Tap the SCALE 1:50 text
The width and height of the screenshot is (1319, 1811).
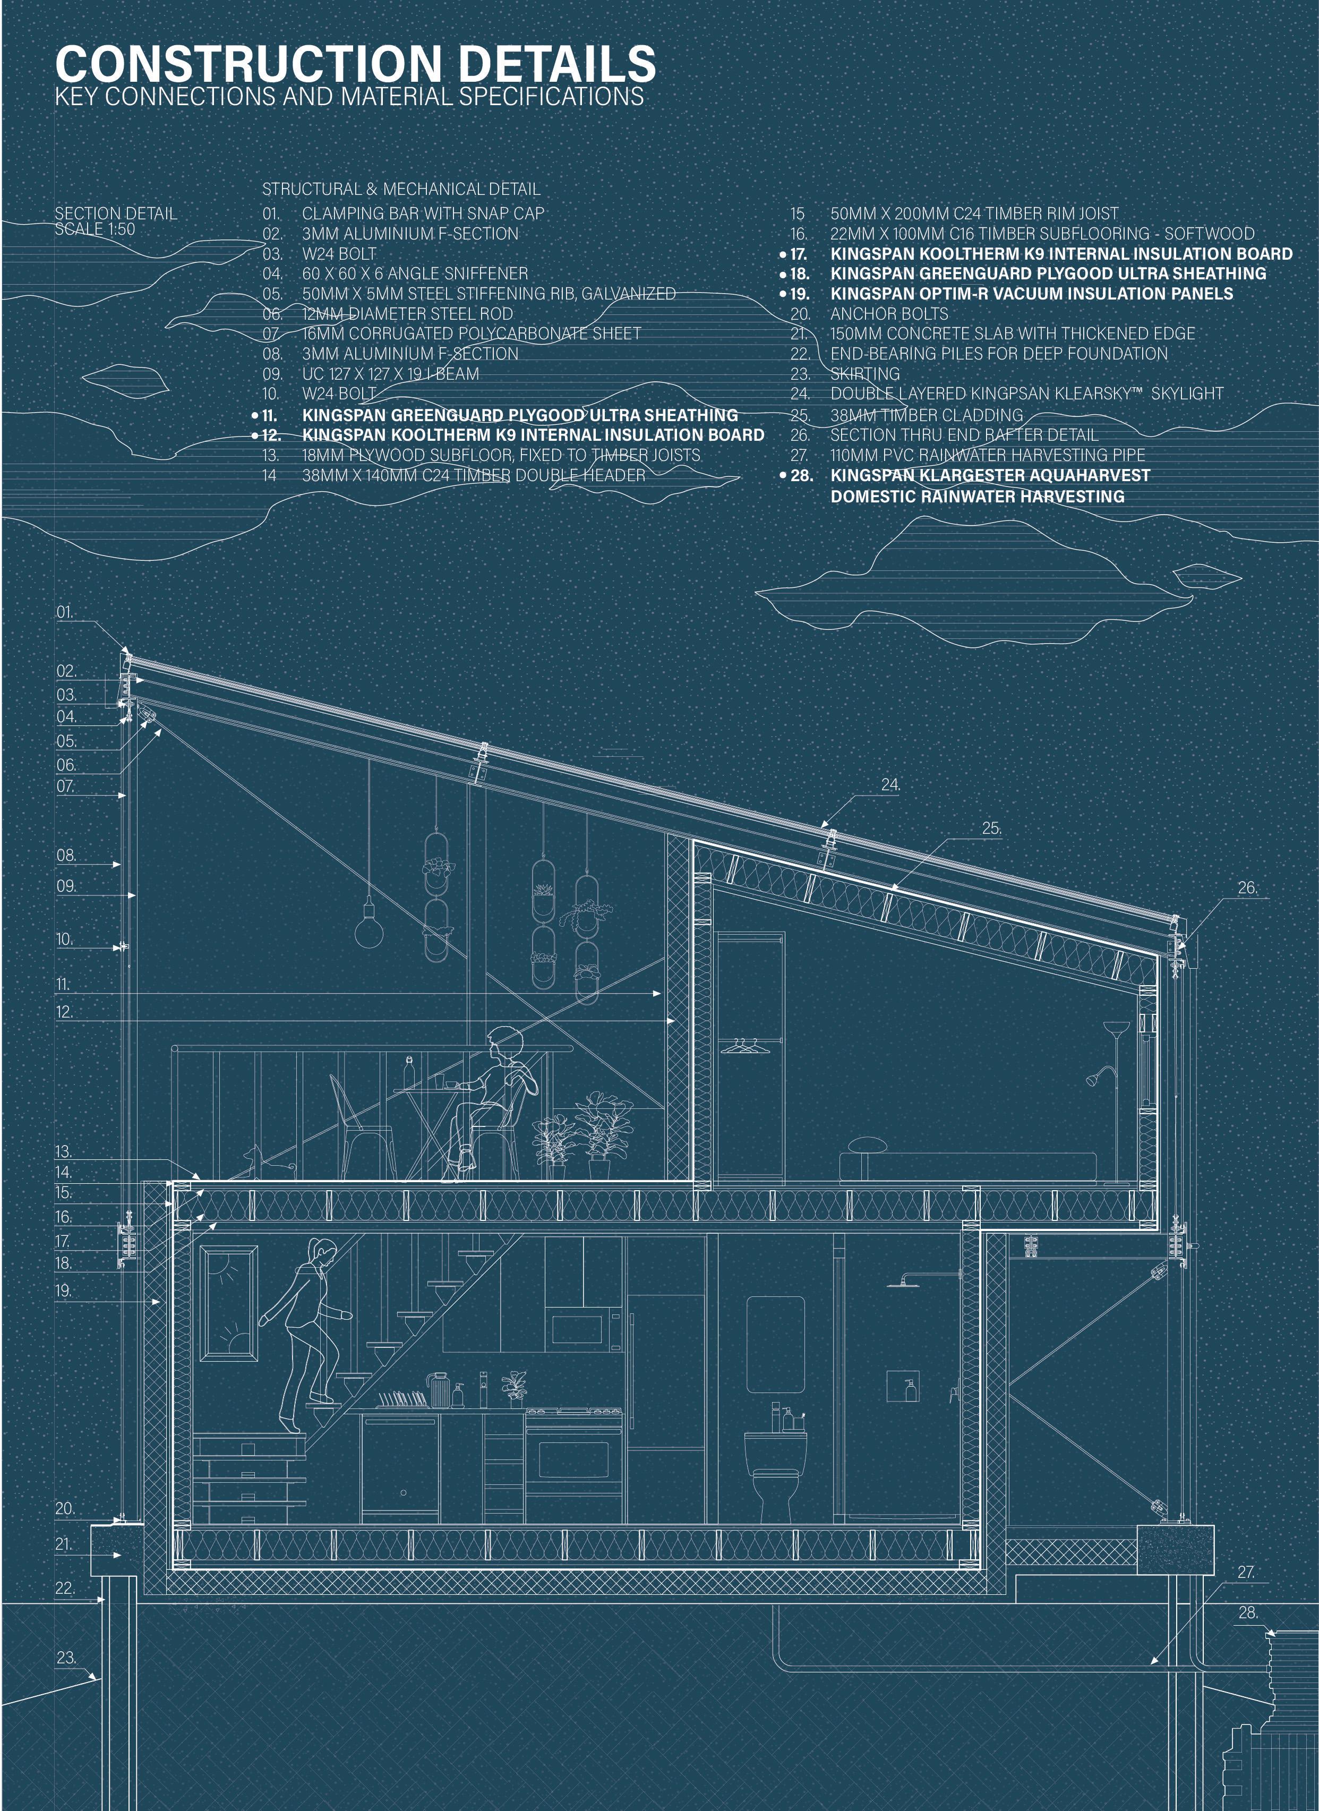94,229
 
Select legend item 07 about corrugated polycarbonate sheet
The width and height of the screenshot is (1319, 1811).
471,334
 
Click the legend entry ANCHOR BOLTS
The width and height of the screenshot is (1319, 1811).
889,314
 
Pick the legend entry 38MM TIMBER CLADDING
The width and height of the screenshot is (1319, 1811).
926,415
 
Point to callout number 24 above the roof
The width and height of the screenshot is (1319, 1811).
890,785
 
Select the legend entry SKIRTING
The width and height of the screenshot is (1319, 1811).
864,374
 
